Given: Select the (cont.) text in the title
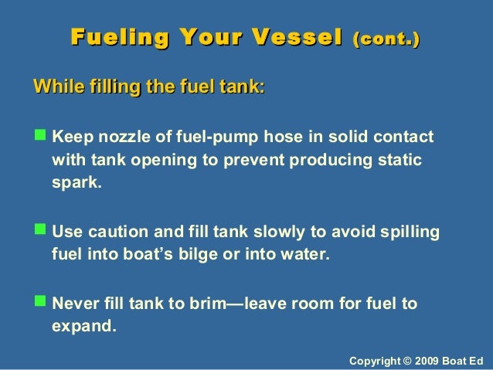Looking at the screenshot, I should click(386, 38).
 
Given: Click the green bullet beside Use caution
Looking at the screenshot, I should click(41, 233).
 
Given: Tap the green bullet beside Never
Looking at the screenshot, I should click(41, 303).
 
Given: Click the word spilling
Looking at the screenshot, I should click(411, 233).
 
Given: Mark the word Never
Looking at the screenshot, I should click(76, 304).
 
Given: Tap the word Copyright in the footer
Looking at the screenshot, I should click(378, 361).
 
